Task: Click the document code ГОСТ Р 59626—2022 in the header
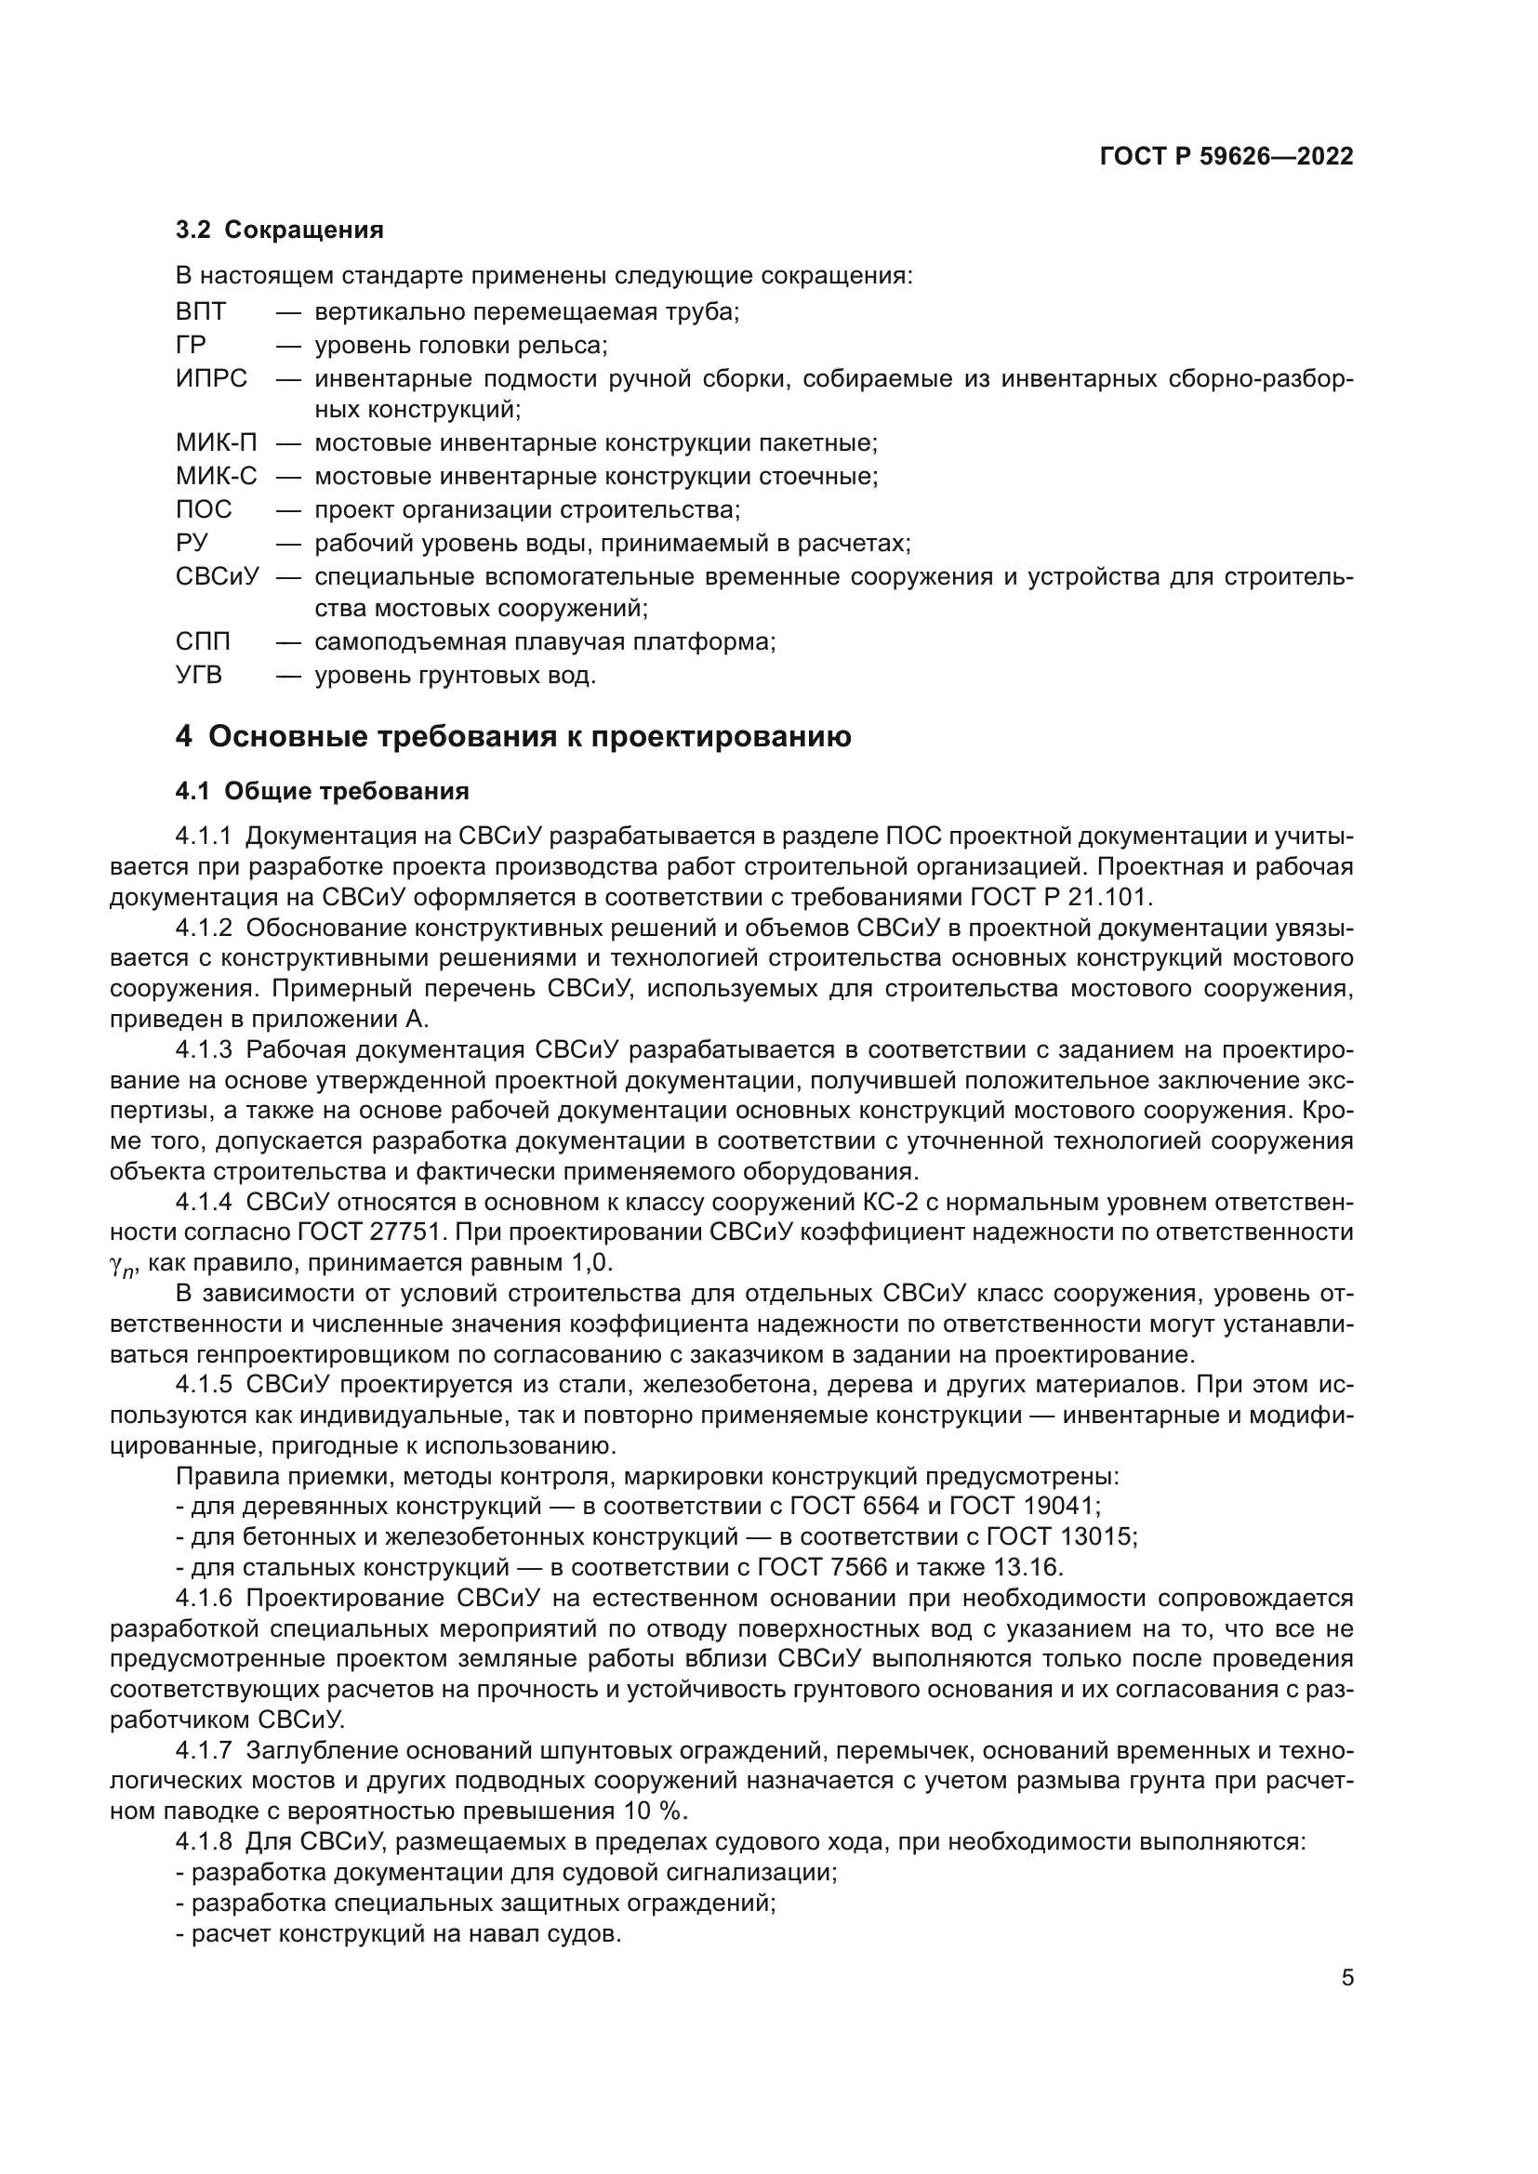click(x=1226, y=157)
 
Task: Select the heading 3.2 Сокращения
click(x=279, y=231)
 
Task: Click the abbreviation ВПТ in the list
click(x=201, y=311)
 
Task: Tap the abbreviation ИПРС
click(x=211, y=378)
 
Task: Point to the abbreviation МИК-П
click(x=216, y=443)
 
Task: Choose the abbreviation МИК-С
click(x=216, y=476)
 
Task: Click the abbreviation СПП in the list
click(x=203, y=642)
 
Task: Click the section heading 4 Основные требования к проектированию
click(x=512, y=737)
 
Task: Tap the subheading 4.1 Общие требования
click(x=322, y=791)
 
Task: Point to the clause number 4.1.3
click(x=204, y=1050)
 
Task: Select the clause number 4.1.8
click(x=204, y=1842)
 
